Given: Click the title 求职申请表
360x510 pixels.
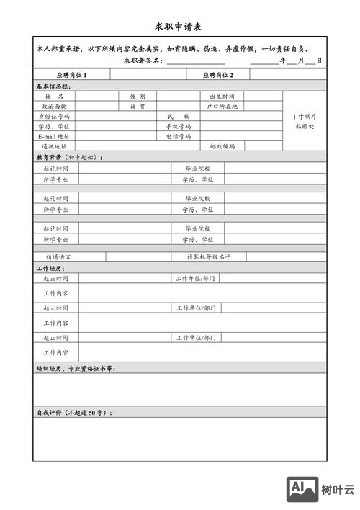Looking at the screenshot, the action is (179, 26).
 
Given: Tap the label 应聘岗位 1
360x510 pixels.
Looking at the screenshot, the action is (72, 75).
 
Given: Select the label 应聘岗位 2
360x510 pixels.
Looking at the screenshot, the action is (218, 75).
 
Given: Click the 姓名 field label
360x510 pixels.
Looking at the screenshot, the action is (54, 96).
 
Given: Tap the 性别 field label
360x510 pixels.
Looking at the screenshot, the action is (138, 96).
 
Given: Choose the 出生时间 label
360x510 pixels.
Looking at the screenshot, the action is (222, 96).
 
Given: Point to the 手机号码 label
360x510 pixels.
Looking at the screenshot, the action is (179, 126).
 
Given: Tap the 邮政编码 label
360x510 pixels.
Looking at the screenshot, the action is (222, 146).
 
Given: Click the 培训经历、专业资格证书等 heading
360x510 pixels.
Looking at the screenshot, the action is (75, 368).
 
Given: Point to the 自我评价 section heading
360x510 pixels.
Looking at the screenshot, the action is (74, 413).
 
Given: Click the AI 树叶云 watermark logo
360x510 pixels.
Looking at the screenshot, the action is (321, 490).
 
